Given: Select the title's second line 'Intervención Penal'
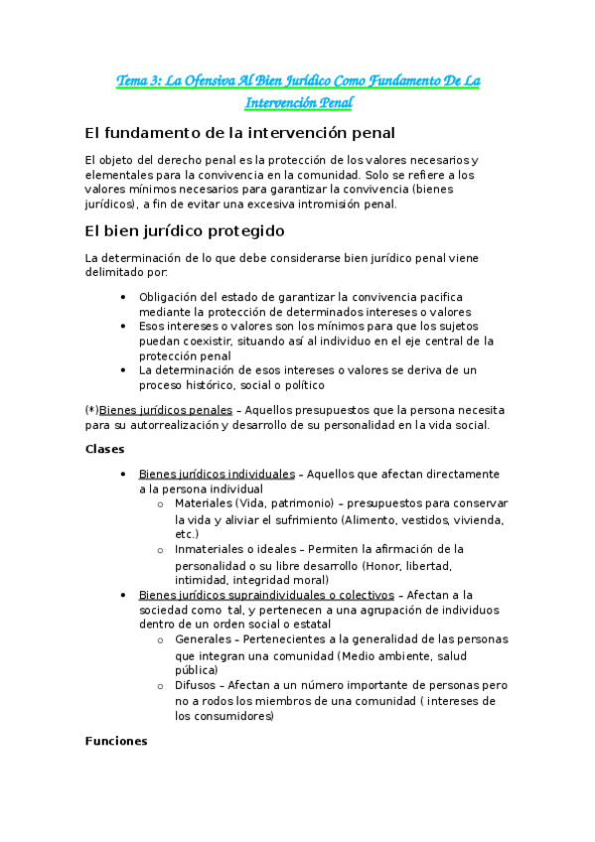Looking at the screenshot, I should pos(298,102).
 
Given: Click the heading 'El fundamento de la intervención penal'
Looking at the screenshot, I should pos(239,133).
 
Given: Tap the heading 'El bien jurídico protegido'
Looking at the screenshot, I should pos(185,231).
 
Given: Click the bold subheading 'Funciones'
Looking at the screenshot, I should pos(116,741).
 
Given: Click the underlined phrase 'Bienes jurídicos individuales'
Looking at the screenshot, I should pos(217,474).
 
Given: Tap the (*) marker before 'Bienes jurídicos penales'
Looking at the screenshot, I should pos(92,409).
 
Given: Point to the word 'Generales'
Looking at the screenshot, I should pos(202,640).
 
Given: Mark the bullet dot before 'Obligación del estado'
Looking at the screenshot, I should pos(122,297).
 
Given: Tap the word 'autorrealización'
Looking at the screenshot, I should pos(183,425).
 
